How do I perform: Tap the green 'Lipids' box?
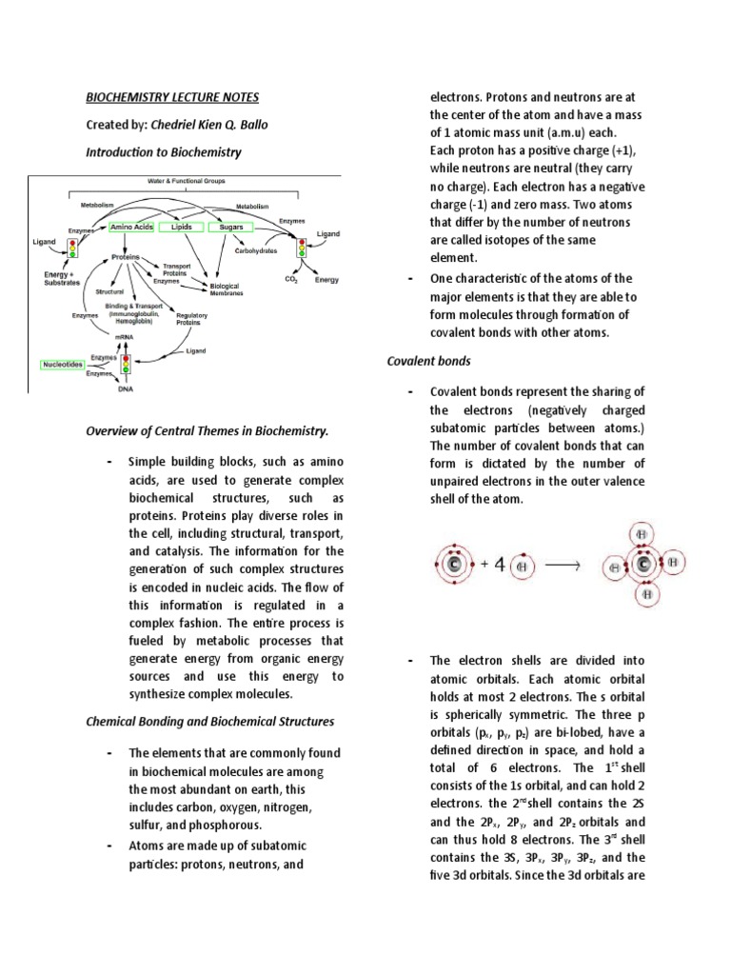tap(181, 228)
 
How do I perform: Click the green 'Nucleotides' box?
tap(64, 364)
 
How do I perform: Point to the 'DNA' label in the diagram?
tap(125, 388)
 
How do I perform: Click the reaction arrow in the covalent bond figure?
tap(563, 564)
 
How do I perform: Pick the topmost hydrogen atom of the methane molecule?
tap(645, 534)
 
